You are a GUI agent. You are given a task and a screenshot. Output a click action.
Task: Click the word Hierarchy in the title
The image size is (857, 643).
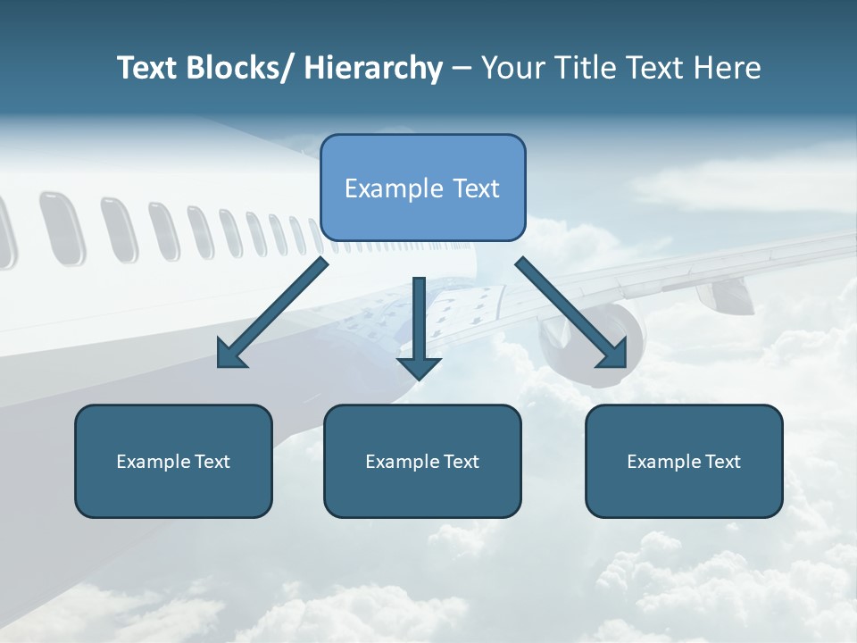[373, 69]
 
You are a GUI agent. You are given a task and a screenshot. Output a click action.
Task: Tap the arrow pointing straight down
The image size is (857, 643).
[420, 321]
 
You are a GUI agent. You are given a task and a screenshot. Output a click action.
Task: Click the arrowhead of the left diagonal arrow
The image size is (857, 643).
[231, 355]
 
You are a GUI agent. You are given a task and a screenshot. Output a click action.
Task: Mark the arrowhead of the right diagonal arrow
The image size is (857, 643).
[613, 355]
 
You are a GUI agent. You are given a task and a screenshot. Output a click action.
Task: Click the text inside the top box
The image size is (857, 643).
[422, 188]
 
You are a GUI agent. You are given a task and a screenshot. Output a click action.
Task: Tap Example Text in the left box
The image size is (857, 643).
[173, 462]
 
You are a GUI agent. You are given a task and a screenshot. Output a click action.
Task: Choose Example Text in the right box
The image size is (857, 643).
[684, 462]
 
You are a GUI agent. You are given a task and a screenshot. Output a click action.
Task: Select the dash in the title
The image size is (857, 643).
[462, 69]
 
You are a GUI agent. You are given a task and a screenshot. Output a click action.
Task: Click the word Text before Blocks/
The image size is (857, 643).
[147, 69]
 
